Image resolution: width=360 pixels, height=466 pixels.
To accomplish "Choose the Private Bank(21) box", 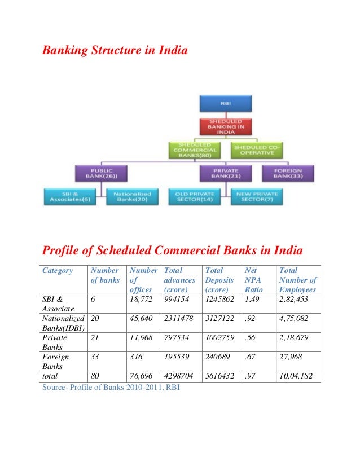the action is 225,173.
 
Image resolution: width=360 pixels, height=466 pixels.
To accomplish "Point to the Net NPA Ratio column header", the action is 253,280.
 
